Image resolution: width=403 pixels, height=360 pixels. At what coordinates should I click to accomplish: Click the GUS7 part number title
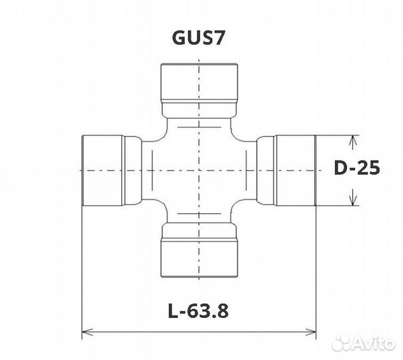click(x=198, y=38)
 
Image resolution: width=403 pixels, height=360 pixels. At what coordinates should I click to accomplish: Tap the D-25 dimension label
click(x=357, y=168)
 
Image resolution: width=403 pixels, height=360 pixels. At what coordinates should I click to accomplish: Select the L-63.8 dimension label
click(x=198, y=311)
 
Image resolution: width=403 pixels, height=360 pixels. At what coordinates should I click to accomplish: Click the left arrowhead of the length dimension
click(x=87, y=332)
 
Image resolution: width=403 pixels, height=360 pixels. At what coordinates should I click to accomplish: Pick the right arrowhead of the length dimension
click(x=310, y=332)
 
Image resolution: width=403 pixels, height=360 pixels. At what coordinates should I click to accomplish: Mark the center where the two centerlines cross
click(x=199, y=170)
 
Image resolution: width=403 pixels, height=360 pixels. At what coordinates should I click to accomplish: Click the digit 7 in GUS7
click(x=220, y=38)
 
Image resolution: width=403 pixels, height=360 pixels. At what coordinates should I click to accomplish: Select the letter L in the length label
click(x=173, y=311)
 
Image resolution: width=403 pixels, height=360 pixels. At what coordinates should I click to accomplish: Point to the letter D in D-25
click(x=340, y=168)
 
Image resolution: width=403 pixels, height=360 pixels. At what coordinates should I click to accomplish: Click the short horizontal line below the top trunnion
click(x=199, y=127)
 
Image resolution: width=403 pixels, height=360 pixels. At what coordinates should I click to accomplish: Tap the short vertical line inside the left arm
click(x=152, y=171)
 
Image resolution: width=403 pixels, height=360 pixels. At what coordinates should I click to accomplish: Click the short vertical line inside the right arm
click(x=246, y=171)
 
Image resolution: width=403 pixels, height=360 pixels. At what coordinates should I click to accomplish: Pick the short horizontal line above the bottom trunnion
click(x=199, y=213)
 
